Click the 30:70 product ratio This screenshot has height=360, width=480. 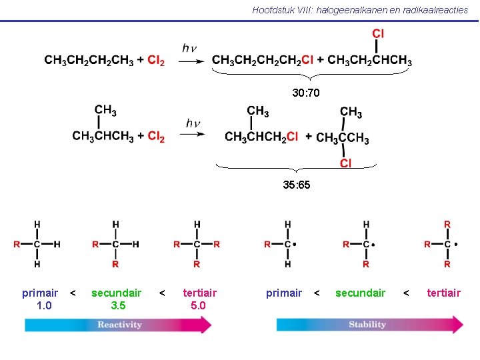(x=306, y=93)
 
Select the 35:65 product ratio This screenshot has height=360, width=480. (x=296, y=185)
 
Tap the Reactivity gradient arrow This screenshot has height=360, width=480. (x=119, y=325)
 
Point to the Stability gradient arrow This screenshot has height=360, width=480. (x=370, y=325)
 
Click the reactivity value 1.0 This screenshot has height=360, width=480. (x=40, y=305)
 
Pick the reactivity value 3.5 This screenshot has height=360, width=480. (x=117, y=305)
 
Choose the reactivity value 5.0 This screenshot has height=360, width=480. (x=198, y=305)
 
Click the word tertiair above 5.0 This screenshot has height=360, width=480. (x=199, y=293)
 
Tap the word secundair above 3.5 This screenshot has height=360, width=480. (x=117, y=293)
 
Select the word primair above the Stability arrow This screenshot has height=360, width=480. (x=284, y=293)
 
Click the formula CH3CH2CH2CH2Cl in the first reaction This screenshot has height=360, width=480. (x=263, y=61)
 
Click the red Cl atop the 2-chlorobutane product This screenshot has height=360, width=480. (x=377, y=33)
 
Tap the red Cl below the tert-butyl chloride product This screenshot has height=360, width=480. (x=345, y=163)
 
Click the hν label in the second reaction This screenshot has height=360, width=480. (x=193, y=123)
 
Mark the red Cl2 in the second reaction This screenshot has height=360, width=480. (x=156, y=137)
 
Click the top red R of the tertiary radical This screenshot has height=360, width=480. (x=447, y=225)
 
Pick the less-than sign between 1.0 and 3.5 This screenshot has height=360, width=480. (x=73, y=293)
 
